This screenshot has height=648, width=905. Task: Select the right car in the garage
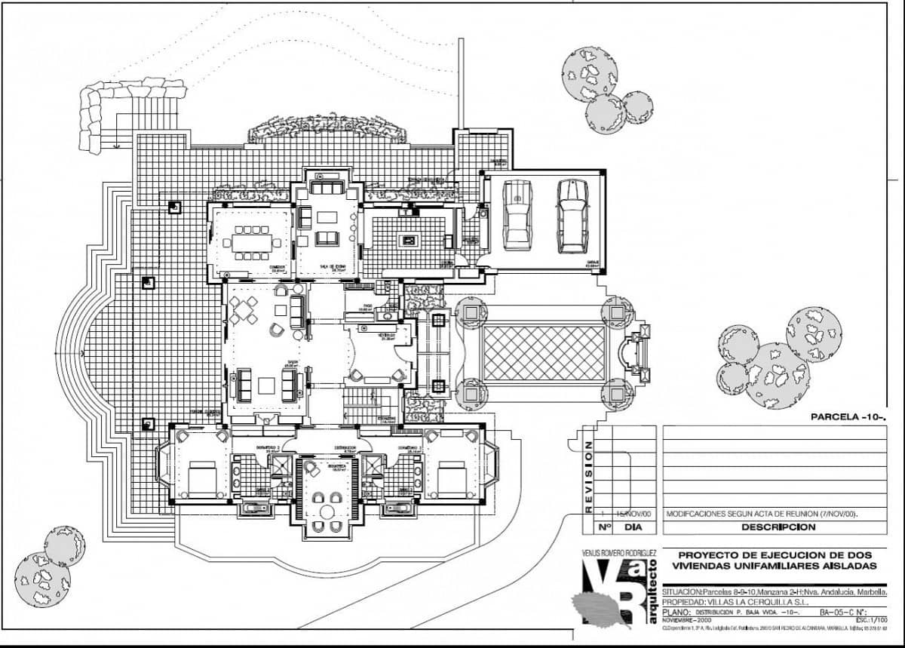pos(572,216)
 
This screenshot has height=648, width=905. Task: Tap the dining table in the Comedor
pos(251,243)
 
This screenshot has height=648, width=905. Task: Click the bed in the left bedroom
pos(200,478)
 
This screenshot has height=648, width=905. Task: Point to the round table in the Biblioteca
pos(326,511)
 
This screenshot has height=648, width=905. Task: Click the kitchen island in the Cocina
pos(410,241)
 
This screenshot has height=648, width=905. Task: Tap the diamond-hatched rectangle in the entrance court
pos(544,353)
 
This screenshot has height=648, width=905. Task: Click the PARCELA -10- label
pos(847,416)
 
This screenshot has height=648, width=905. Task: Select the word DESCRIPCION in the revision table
pos(778,527)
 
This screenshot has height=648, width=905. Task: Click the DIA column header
pos(633,527)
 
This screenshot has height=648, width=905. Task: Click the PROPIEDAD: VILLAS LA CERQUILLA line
pos(736,602)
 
